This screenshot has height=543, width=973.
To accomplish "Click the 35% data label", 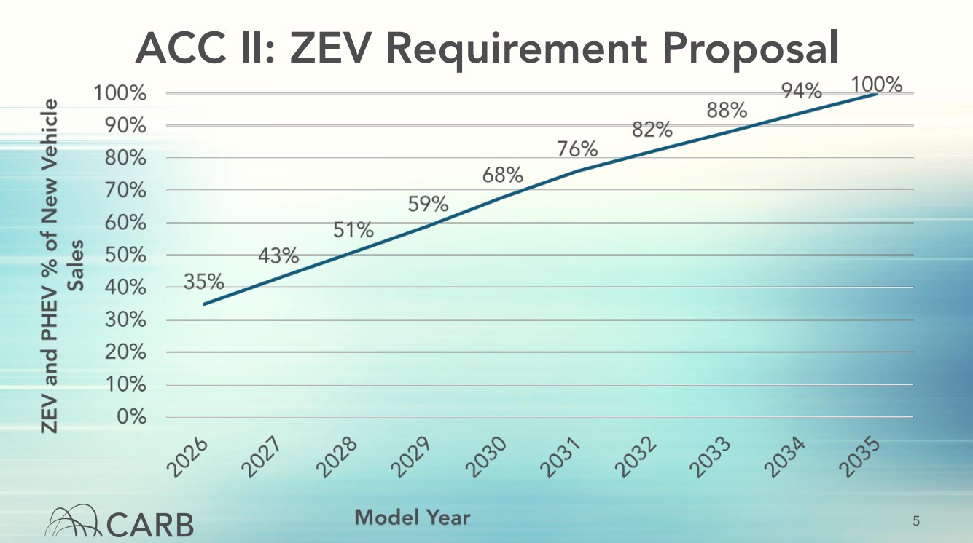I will (203, 282).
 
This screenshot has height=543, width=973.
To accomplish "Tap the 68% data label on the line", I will (502, 175).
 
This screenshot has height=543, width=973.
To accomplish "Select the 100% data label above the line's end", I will (878, 85).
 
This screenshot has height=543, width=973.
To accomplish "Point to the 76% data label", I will (577, 149).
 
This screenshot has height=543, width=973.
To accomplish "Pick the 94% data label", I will (802, 91).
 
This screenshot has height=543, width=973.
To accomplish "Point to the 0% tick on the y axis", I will (131, 418).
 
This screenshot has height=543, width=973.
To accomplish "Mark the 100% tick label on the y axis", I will (121, 94).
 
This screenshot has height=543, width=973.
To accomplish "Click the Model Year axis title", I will (413, 518).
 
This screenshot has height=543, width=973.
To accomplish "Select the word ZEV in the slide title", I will (332, 48).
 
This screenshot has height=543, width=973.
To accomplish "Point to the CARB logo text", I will (150, 523).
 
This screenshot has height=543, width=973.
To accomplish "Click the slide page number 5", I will (916, 520).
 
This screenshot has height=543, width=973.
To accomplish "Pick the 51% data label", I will (353, 231).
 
